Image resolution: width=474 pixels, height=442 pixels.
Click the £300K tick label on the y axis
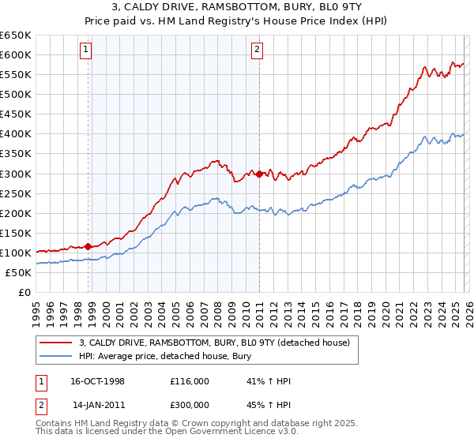[x=15, y=174]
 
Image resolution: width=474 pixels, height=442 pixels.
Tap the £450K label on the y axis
[x=15, y=114]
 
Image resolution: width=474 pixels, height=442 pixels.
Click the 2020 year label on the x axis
[x=385, y=309]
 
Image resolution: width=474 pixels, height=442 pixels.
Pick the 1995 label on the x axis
[x=36, y=309]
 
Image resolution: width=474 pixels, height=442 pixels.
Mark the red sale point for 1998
[x=88, y=246]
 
